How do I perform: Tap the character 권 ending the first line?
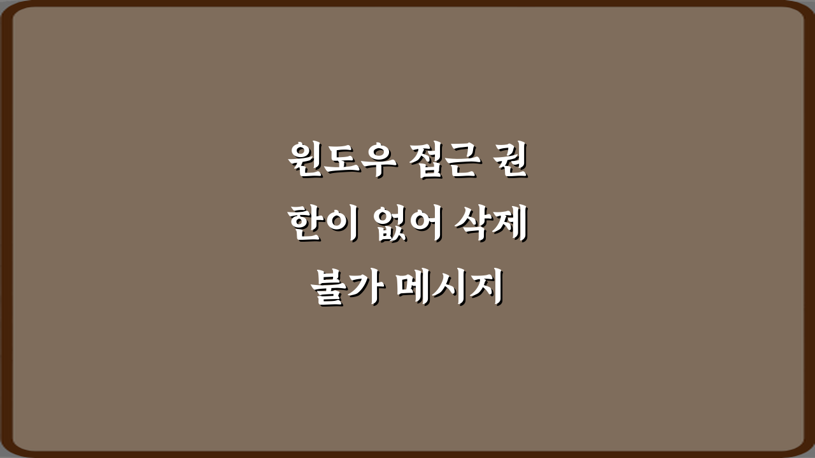pyautogui.click(x=510, y=162)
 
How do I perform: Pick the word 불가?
pyautogui.click(x=345, y=289)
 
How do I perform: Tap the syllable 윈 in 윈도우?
pyautogui.click(x=303, y=162)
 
